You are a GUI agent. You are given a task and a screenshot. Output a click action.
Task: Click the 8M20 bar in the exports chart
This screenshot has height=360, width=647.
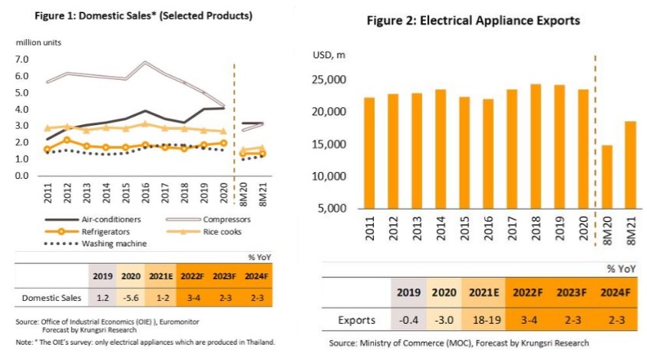pyautogui.click(x=608, y=177)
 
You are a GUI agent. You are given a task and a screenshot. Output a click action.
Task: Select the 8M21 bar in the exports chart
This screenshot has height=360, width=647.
pyautogui.click(x=630, y=165)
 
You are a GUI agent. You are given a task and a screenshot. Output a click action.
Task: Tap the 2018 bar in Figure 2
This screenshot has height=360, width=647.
pyautogui.click(x=535, y=146)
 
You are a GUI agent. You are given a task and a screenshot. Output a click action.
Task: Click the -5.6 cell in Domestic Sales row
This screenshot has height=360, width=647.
pyautogui.click(x=131, y=296)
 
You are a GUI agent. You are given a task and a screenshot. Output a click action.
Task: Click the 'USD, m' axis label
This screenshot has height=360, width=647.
pyautogui.click(x=329, y=55)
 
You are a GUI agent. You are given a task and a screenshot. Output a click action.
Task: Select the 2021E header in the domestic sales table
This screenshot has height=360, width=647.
pyautogui.click(x=161, y=275)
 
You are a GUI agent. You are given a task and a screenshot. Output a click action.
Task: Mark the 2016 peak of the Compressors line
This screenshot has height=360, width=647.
pyautogui.click(x=145, y=62)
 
